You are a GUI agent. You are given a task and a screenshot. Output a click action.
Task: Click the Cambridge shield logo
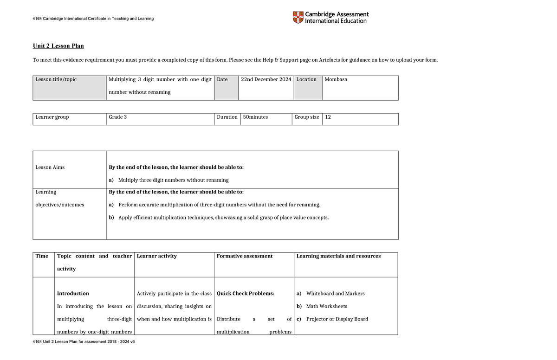[x=298, y=18]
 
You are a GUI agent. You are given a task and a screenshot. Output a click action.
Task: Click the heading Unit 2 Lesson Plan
[x=58, y=46]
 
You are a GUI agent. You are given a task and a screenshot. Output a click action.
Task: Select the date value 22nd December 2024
[x=266, y=79]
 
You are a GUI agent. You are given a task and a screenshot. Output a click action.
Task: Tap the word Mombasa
[x=336, y=79]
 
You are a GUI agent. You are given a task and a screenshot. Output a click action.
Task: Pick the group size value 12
[x=328, y=117]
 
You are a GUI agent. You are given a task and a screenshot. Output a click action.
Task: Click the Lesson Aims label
[x=50, y=167]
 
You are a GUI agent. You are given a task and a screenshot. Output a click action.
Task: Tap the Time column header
[x=42, y=256]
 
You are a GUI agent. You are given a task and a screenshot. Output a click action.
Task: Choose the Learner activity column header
[x=156, y=256]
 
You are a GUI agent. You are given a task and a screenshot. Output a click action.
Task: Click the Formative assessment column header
[x=245, y=256]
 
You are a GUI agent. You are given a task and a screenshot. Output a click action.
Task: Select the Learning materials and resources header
[x=338, y=256]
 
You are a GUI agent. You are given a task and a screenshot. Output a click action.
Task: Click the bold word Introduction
[x=73, y=294]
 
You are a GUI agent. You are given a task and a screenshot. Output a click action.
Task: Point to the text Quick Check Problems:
[x=246, y=294]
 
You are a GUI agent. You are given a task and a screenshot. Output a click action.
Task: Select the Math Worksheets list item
[x=326, y=306]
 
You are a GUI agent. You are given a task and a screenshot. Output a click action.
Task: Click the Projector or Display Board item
[x=337, y=319]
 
